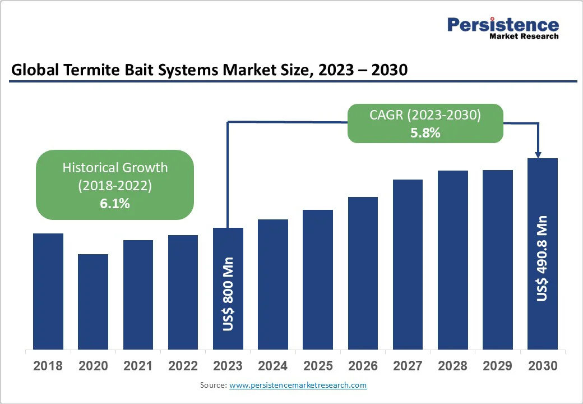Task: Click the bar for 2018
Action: point(48,291)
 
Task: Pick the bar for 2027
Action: point(408,264)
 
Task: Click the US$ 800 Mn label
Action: point(228,294)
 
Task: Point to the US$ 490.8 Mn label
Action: point(542,258)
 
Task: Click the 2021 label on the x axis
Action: point(138,366)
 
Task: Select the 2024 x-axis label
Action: point(273,366)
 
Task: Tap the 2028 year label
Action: point(453,366)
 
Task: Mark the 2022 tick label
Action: point(183,366)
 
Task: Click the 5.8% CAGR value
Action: point(425,133)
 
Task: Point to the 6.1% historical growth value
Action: point(115,204)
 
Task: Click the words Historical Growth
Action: point(115,167)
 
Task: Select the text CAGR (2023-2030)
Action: point(425,115)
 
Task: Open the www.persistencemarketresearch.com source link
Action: point(298,385)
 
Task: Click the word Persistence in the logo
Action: point(503,25)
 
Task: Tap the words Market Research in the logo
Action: point(524,36)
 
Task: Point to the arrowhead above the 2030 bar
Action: point(539,154)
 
